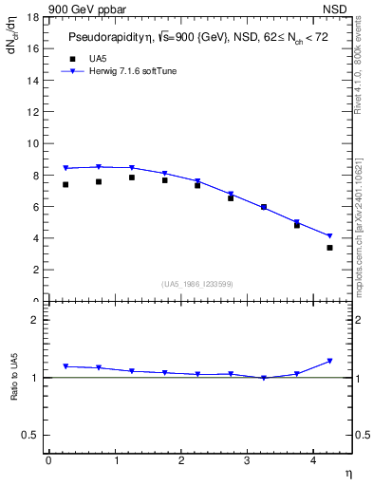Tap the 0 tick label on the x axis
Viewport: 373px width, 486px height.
tap(48, 460)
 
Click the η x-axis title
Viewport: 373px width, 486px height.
tap(347, 472)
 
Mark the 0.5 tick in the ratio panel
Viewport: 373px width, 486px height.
tap(30, 435)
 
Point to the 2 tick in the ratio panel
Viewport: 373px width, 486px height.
tap(34, 320)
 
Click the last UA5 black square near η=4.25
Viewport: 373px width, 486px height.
tap(329, 248)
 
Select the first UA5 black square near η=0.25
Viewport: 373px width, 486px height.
tap(65, 184)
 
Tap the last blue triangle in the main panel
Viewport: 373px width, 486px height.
tap(329, 236)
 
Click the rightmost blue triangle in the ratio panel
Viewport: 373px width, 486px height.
tap(329, 361)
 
